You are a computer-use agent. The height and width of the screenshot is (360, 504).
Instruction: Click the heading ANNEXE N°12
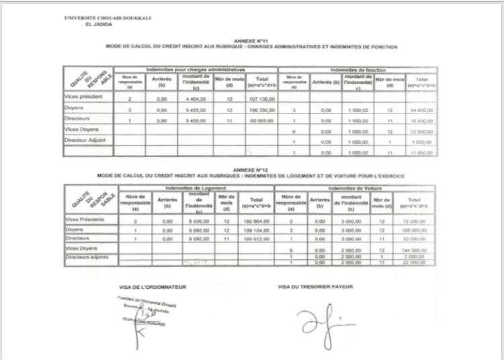(x=251, y=171)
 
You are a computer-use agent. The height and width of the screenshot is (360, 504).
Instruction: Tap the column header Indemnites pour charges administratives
(x=196, y=70)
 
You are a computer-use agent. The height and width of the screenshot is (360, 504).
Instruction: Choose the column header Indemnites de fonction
(x=358, y=70)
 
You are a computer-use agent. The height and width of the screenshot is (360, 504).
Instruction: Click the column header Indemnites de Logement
(x=196, y=188)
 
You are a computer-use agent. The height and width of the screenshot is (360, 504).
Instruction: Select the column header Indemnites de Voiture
(x=358, y=188)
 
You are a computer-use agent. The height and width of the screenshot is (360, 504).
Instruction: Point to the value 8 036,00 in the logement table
(x=195, y=220)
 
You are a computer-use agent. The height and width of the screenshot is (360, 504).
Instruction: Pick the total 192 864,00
(x=256, y=220)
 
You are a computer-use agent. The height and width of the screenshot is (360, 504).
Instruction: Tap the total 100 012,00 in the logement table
(x=256, y=238)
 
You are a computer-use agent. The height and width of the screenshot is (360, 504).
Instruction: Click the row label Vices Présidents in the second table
(x=85, y=220)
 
